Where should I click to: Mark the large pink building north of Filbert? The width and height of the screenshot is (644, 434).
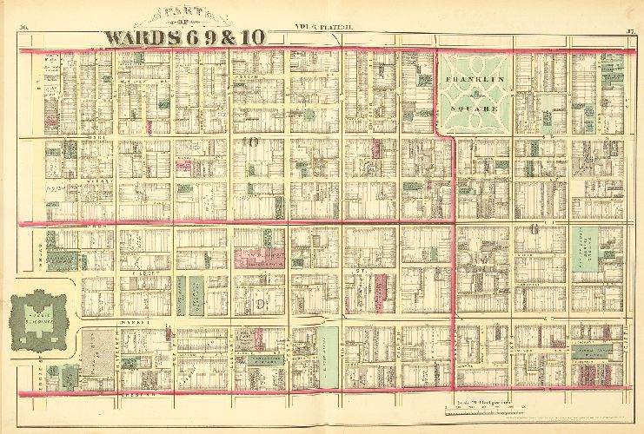coord(259,256)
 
